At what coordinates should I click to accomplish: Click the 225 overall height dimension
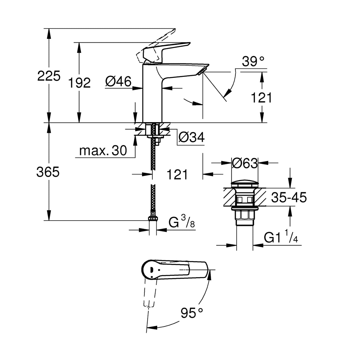click(49, 76)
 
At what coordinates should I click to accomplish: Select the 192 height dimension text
click(79, 83)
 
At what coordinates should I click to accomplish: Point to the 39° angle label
click(253, 62)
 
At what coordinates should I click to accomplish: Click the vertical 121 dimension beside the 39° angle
click(261, 97)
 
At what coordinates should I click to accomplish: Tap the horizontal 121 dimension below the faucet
click(177, 175)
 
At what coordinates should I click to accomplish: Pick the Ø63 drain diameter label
click(245, 163)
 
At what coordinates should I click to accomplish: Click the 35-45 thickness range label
click(289, 197)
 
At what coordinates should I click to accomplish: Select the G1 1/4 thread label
click(281, 238)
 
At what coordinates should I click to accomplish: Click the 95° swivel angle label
click(192, 313)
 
